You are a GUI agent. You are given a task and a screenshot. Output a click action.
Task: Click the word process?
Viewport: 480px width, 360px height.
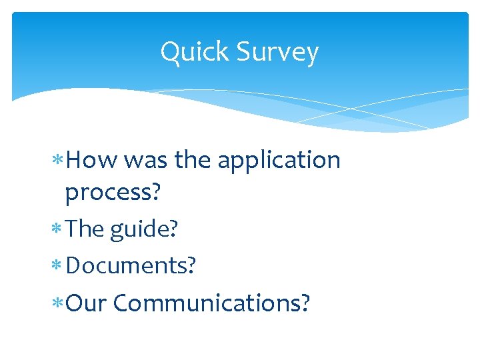pos(113,192)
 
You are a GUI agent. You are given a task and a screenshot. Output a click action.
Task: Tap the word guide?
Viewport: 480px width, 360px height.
pos(144,229)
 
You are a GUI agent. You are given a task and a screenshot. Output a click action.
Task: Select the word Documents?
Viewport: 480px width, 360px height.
pos(131,265)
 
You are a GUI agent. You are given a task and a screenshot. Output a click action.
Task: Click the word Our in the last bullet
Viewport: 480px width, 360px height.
pos(87,303)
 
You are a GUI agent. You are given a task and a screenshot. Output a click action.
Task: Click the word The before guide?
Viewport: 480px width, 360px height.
pos(85,229)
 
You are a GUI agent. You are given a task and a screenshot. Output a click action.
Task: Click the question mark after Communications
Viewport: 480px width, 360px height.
pos(305,303)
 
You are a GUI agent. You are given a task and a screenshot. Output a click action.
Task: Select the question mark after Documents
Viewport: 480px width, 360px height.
pos(191,265)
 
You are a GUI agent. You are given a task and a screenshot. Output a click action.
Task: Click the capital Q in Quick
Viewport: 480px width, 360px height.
pos(169,53)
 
